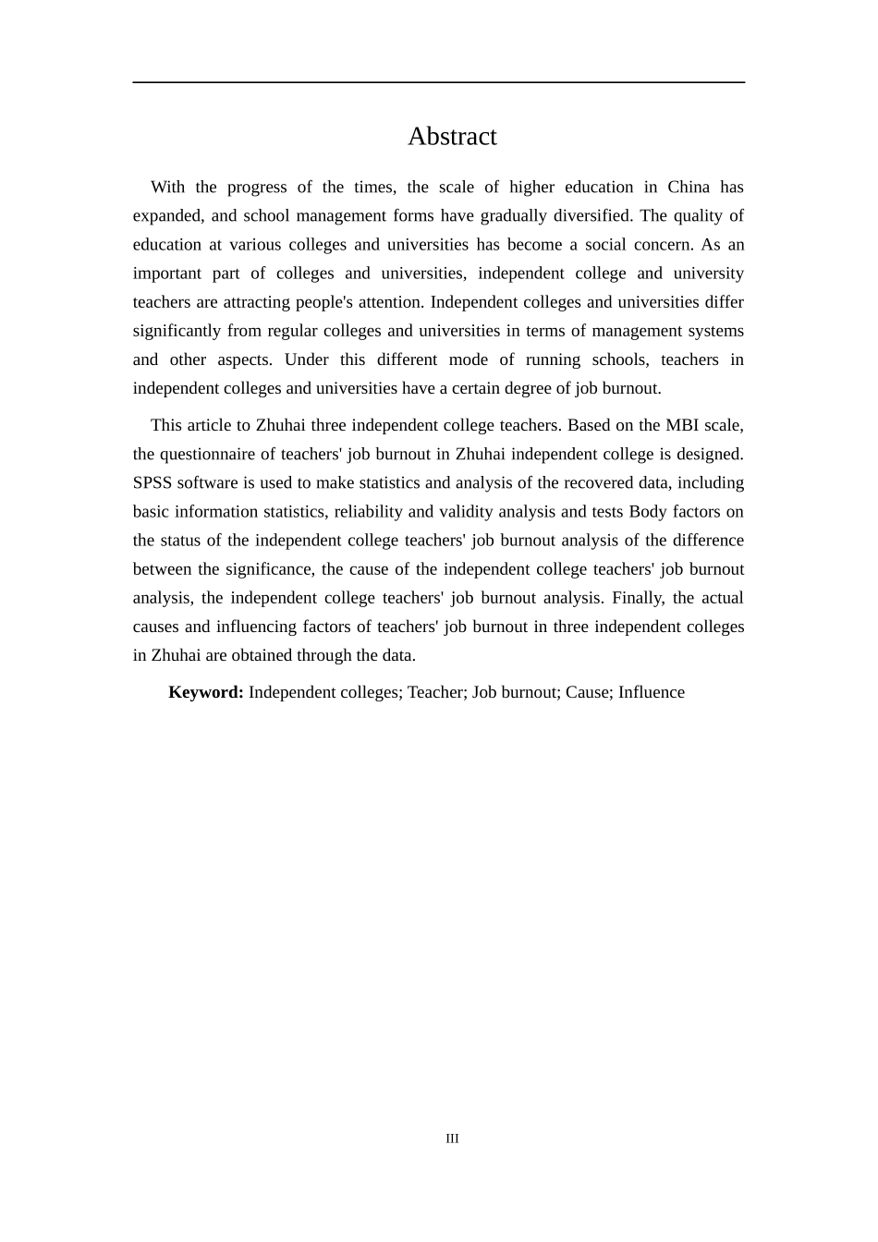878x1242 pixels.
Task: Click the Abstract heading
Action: [x=452, y=137]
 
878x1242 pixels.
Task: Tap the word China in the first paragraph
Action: [x=689, y=188]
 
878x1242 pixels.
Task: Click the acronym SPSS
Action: [x=152, y=483]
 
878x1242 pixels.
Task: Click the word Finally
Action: [x=637, y=598]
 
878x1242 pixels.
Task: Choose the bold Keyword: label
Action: [x=206, y=693]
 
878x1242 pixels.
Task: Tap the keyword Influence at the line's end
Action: [x=652, y=693]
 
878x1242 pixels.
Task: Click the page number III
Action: [x=452, y=1138]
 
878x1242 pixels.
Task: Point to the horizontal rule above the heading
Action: [x=438, y=82]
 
